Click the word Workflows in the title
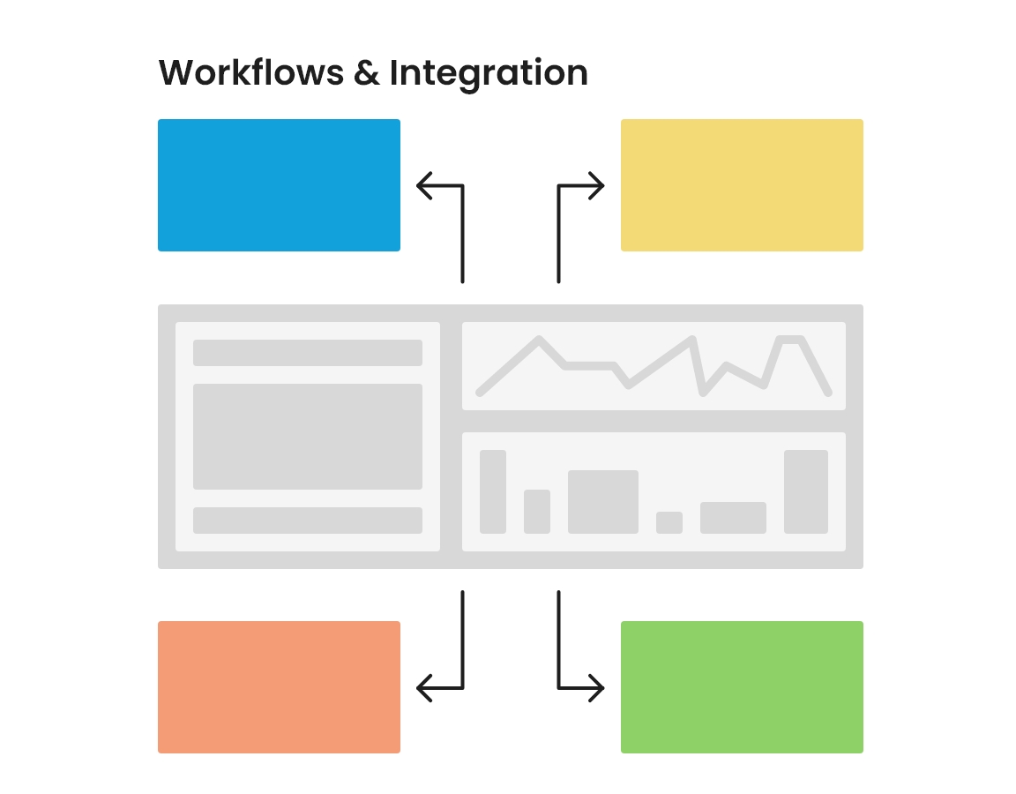pyautogui.click(x=250, y=72)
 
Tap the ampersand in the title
pyautogui.click(x=365, y=72)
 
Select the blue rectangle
pyautogui.click(x=279, y=185)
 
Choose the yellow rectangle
pyautogui.click(x=742, y=185)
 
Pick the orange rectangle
pyautogui.click(x=279, y=687)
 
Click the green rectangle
pyautogui.click(x=742, y=687)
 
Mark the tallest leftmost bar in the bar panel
pyautogui.click(x=493, y=491)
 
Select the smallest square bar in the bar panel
pyautogui.click(x=669, y=522)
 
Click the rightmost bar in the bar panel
pyautogui.click(x=806, y=491)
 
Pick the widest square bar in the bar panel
pyautogui.click(x=603, y=502)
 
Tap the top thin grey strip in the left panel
pyautogui.click(x=308, y=353)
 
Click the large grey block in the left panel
pyautogui.click(x=308, y=437)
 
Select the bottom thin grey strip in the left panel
pyautogui.click(x=308, y=521)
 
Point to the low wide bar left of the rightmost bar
pyautogui.click(x=733, y=518)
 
